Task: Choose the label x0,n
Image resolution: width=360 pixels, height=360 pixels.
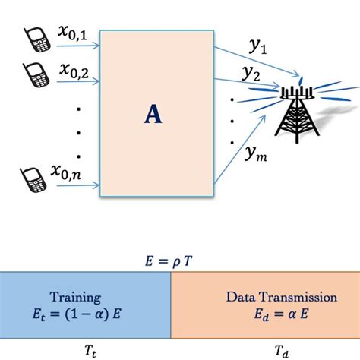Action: (x=70, y=174)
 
